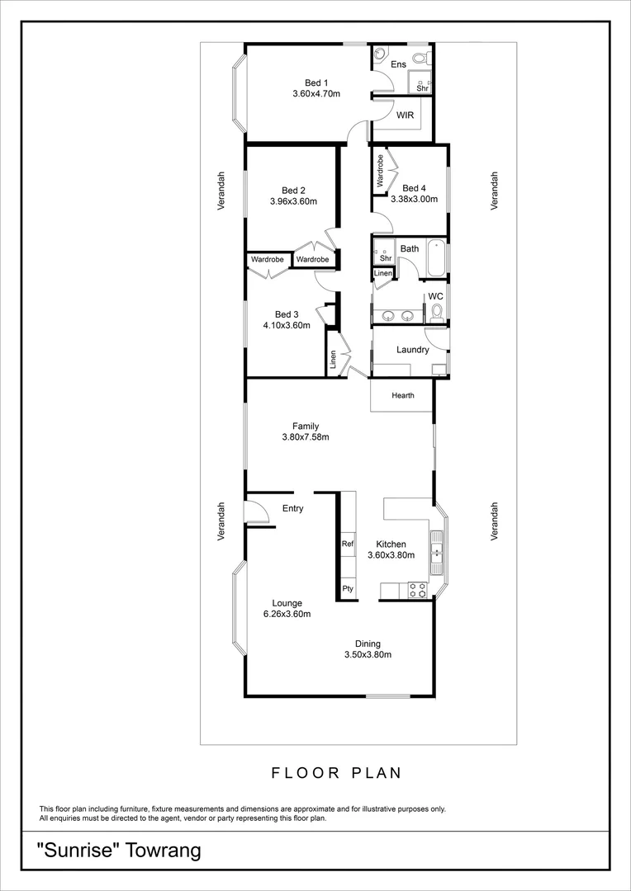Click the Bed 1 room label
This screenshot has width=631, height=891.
pyautogui.click(x=316, y=82)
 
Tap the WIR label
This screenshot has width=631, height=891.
pyautogui.click(x=405, y=115)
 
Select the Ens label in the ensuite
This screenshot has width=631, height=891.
pyautogui.click(x=398, y=64)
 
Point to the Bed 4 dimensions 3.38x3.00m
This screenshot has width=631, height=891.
pyautogui.click(x=415, y=199)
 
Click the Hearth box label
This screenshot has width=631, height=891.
pyautogui.click(x=403, y=396)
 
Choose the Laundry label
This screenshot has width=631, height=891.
pyautogui.click(x=412, y=350)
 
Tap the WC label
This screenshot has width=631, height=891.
pyautogui.click(x=436, y=296)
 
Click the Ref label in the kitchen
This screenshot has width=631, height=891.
pyautogui.click(x=348, y=544)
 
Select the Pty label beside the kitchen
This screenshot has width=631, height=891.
pyautogui.click(x=348, y=589)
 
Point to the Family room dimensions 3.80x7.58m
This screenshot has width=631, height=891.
pyautogui.click(x=306, y=437)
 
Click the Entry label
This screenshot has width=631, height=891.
pyautogui.click(x=293, y=509)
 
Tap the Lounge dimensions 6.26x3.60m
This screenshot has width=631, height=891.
pyautogui.click(x=287, y=614)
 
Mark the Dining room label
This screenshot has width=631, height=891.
pyautogui.click(x=368, y=644)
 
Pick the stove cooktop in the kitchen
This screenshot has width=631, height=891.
pyautogui.click(x=418, y=590)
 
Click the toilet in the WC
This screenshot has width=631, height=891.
pyautogui.click(x=437, y=311)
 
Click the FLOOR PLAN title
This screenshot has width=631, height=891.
pyautogui.click(x=337, y=774)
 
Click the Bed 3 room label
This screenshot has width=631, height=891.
pyautogui.click(x=287, y=314)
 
